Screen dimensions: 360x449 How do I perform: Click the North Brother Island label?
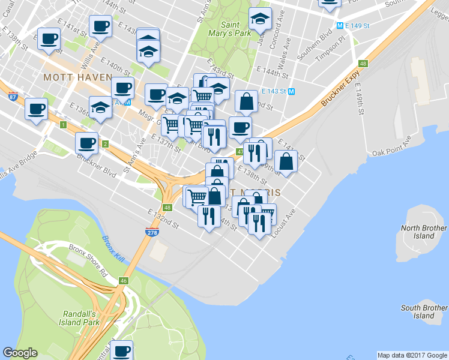tap(424, 232)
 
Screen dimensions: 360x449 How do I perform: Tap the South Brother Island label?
tap(424, 311)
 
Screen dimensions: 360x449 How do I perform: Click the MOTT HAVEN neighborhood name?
tap(77, 77)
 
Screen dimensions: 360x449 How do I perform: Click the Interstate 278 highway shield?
tap(150, 231)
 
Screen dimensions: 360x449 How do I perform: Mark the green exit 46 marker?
tap(124, 280)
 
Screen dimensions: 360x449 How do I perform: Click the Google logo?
tap(20, 353)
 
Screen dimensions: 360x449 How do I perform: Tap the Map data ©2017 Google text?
tap(412, 355)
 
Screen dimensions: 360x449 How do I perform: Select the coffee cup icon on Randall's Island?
tap(122, 350)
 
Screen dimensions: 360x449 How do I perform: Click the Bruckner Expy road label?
tap(339, 88)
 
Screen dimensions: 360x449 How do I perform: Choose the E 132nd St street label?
tap(164, 218)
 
